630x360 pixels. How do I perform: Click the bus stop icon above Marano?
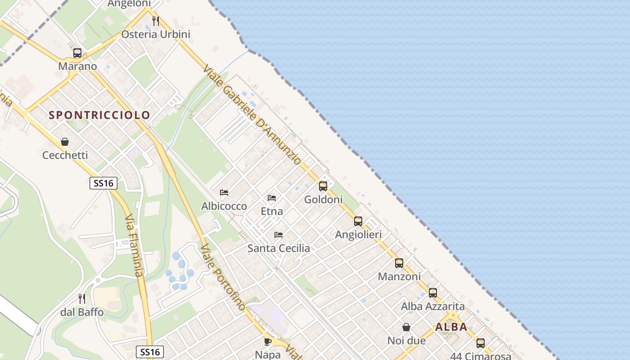(x=77, y=53)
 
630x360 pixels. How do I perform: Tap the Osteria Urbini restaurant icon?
(x=156, y=21)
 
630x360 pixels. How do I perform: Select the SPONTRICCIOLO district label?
(x=99, y=115)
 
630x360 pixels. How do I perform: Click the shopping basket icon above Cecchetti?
(x=65, y=142)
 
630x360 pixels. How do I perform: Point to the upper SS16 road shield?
(x=103, y=183)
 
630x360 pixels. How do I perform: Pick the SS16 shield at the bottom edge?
(x=149, y=352)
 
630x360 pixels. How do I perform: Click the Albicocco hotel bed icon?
(x=224, y=193)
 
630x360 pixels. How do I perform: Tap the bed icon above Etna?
(x=272, y=198)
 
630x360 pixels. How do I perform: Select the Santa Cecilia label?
(x=279, y=248)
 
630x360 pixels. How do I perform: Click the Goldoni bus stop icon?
(x=323, y=186)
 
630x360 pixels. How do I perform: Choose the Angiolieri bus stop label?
(x=358, y=234)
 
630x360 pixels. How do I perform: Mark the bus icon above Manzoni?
(x=399, y=263)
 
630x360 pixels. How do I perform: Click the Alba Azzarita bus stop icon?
(x=433, y=293)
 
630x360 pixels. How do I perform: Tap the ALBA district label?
(x=451, y=327)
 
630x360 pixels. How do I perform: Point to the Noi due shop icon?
(x=406, y=327)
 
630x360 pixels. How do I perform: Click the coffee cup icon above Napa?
(x=268, y=341)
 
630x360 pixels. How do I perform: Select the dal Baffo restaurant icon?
(x=82, y=298)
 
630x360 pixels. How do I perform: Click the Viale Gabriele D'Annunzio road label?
(x=252, y=115)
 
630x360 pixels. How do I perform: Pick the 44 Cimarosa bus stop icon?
(x=481, y=343)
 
